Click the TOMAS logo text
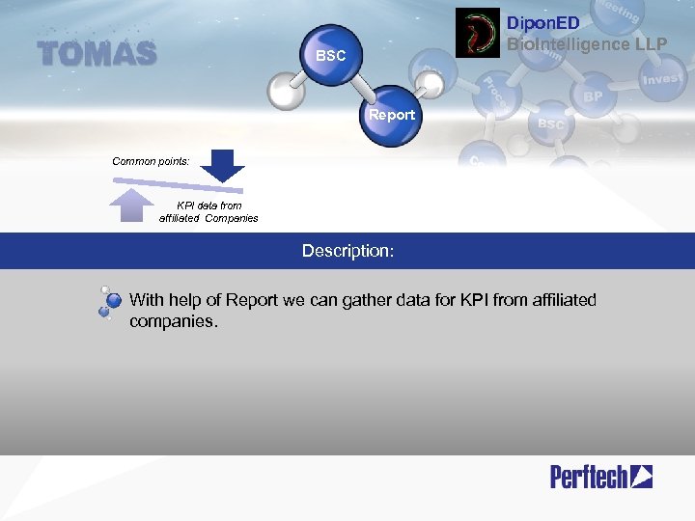97,54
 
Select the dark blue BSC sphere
331,57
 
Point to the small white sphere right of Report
432,85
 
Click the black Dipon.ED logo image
477,33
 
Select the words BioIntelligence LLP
587,43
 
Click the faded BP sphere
592,96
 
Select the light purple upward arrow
133,206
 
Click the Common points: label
151,161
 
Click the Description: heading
347,251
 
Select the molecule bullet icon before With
109,302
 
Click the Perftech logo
600,476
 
